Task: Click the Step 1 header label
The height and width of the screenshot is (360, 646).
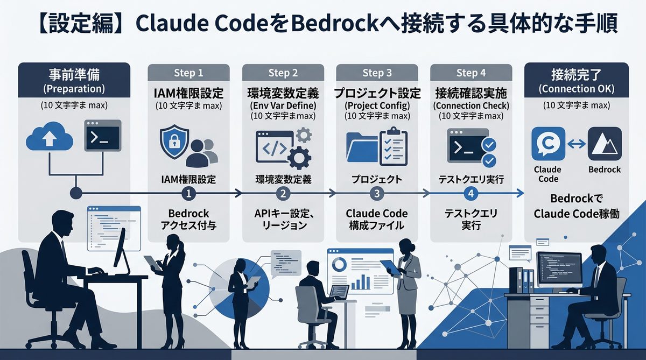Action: (x=188, y=73)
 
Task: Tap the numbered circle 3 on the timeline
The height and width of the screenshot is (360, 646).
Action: (x=377, y=194)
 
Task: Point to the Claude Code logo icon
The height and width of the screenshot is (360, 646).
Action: (x=548, y=144)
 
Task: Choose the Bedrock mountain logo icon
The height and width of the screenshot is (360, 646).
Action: (x=605, y=144)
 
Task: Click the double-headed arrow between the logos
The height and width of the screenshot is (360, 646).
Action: (x=577, y=144)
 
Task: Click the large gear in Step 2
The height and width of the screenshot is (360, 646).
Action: (x=299, y=157)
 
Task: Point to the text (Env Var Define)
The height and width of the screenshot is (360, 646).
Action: (x=283, y=105)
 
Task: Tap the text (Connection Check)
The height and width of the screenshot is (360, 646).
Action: (x=471, y=105)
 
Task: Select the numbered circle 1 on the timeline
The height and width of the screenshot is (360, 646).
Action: (x=188, y=194)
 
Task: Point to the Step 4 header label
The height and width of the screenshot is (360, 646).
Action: (x=471, y=73)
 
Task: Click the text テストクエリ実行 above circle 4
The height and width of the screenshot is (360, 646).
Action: (x=471, y=179)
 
